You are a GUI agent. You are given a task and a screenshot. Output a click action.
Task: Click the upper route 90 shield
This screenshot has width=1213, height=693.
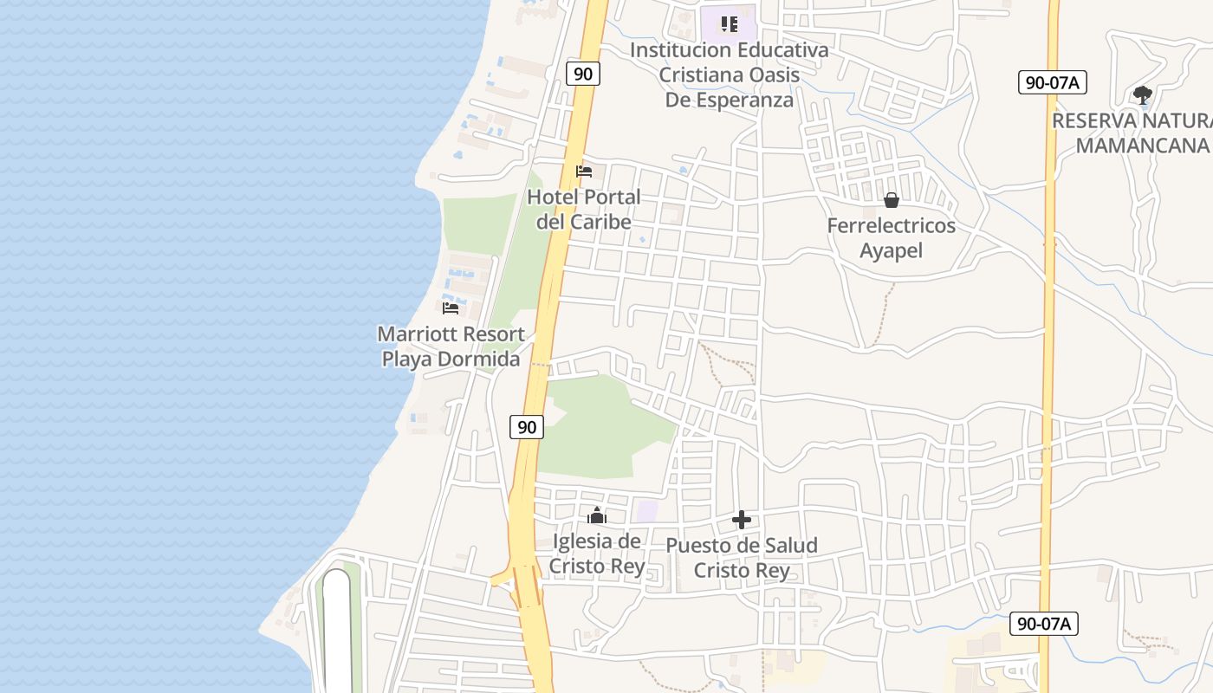(x=583, y=74)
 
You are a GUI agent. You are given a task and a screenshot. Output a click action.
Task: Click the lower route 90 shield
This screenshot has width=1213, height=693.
(x=526, y=426)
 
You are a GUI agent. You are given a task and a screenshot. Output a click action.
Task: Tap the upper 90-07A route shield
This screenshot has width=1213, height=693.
(x=1052, y=82)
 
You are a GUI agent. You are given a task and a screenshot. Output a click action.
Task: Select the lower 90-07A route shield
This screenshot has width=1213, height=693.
(x=1044, y=623)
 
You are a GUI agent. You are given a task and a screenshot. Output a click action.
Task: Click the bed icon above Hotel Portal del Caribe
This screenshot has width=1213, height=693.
(x=584, y=172)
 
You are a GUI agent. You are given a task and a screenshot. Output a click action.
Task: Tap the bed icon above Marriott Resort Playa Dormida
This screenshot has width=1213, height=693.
(x=451, y=308)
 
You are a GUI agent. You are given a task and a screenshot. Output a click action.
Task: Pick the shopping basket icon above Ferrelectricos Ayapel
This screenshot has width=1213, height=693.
(x=892, y=201)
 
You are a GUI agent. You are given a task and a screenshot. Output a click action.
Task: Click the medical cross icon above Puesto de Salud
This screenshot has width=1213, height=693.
(x=742, y=520)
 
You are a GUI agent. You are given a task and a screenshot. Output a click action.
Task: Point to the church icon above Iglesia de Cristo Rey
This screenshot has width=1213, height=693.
(x=596, y=515)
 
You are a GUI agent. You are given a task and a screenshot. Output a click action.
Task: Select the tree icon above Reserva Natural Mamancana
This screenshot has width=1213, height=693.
(x=1142, y=94)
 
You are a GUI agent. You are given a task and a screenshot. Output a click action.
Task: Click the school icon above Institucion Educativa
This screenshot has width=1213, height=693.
(x=730, y=24)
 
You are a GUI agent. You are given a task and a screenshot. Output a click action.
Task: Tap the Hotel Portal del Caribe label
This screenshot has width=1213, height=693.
(x=584, y=210)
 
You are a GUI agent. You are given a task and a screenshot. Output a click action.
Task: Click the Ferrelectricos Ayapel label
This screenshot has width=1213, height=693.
(x=892, y=238)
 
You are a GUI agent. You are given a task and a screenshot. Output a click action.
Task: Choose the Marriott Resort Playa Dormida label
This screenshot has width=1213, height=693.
(x=451, y=346)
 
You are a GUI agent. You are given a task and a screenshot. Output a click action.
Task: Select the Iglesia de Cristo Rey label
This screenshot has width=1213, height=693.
(x=597, y=554)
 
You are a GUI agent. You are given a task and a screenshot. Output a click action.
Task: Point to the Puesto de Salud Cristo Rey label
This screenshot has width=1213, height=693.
(x=742, y=559)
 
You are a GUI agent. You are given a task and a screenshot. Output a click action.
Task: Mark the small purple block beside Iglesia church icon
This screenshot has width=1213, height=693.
(x=645, y=510)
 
